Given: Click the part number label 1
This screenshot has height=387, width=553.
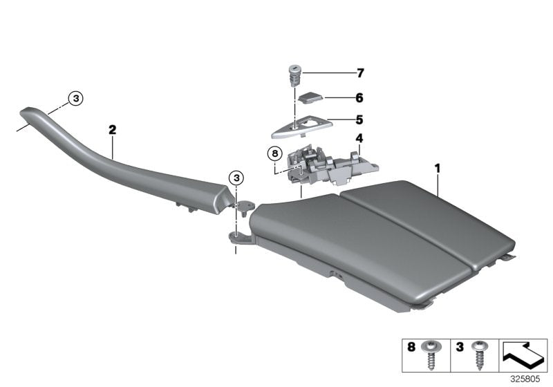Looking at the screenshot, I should pyautogui.click(x=437, y=167).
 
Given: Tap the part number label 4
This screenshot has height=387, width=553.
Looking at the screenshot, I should pyautogui.click(x=359, y=138).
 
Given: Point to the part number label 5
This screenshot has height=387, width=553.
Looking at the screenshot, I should pyautogui.click(x=359, y=118).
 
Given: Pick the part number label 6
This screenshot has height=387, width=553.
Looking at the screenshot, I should pyautogui.click(x=359, y=98).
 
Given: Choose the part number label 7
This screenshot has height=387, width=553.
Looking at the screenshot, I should pyautogui.click(x=359, y=73).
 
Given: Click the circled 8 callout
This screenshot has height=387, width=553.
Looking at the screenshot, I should pyautogui.click(x=274, y=152).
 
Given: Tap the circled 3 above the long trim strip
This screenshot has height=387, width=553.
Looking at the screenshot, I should pyautogui.click(x=76, y=99).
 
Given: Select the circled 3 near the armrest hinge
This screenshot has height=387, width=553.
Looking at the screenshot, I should pyautogui.click(x=237, y=178).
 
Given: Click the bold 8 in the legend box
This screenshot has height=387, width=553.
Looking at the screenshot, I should pyautogui.click(x=411, y=346).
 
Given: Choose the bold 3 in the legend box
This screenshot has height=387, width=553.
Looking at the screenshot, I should pyautogui.click(x=459, y=346).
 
